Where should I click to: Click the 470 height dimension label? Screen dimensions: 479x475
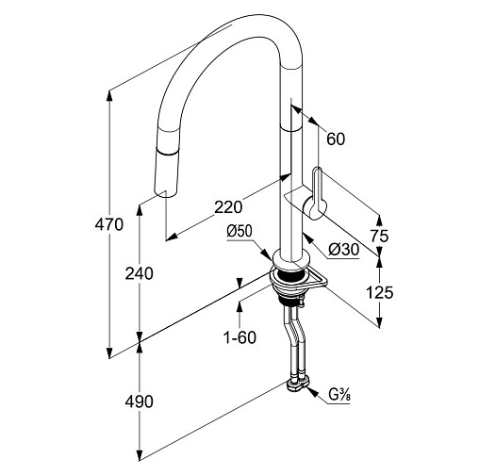109,225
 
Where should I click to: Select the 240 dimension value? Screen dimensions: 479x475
140,273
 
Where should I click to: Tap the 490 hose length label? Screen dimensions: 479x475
140,401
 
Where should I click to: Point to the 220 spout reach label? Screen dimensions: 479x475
228,207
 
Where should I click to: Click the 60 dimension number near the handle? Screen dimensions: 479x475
336,139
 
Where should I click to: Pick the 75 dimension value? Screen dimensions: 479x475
379,236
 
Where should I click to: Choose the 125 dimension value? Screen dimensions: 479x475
380,293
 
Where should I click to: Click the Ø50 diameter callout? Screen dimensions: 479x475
239,232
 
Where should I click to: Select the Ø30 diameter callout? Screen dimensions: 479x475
343,250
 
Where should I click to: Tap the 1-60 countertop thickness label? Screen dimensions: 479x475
239,337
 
